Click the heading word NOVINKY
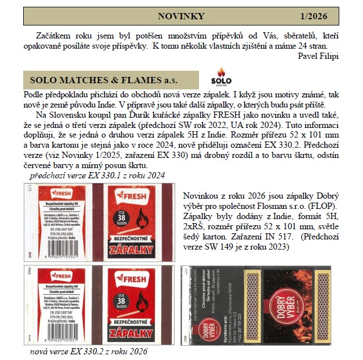[181, 16]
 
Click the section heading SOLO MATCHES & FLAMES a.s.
[103, 79]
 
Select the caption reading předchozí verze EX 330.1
[97, 176]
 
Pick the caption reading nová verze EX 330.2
[89, 351]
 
